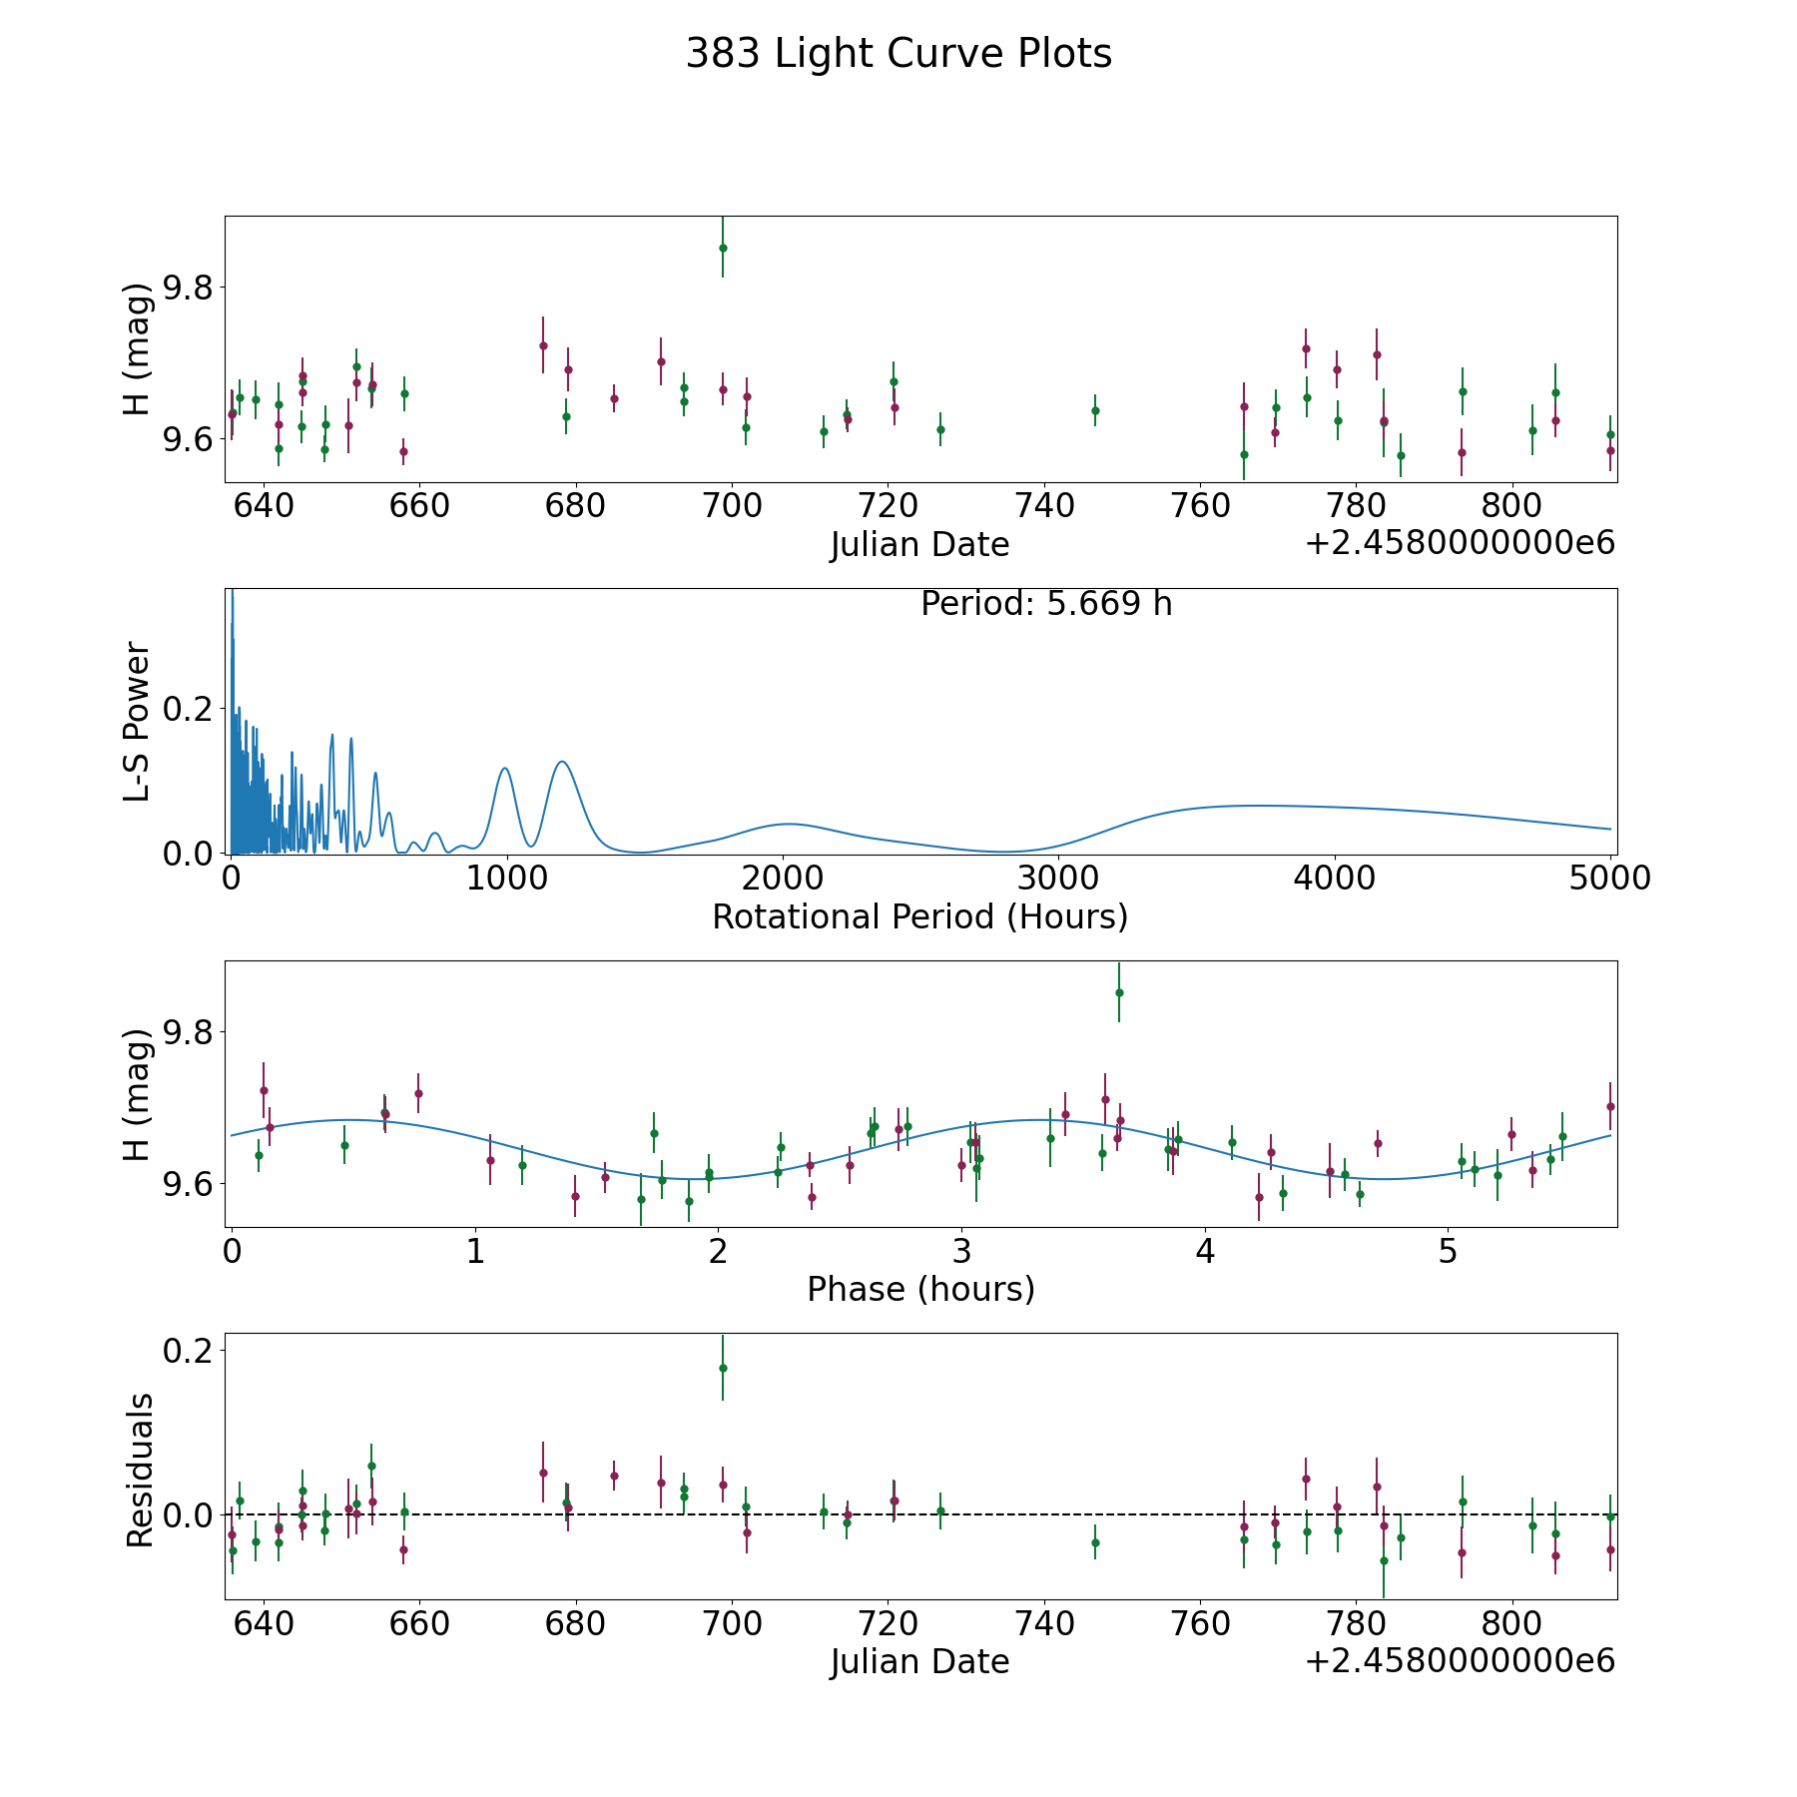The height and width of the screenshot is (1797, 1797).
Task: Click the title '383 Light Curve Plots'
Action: pos(898,54)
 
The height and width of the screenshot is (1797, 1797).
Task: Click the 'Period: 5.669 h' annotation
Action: pos(1046,604)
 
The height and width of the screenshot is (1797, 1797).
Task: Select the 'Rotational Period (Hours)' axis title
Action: pos(919,916)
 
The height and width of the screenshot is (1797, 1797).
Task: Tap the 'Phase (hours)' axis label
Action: pos(920,1289)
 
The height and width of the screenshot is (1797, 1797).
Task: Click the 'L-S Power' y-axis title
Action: pos(138,721)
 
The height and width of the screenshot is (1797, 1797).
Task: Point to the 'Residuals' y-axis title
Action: pos(140,1470)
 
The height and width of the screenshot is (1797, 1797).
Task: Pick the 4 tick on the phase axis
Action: pos(1206,1251)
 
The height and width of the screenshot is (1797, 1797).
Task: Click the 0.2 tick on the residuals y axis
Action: pos(186,1351)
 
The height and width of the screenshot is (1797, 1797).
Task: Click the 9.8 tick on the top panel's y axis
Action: pos(186,288)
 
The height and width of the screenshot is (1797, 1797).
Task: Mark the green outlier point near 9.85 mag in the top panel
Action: pos(723,248)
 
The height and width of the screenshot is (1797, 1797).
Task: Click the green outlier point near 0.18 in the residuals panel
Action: pos(723,1368)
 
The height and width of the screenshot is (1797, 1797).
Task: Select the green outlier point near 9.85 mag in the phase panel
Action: pos(1119,992)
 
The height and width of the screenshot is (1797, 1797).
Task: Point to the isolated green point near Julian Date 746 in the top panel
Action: pos(1095,410)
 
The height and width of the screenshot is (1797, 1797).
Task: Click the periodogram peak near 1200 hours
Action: pos(562,762)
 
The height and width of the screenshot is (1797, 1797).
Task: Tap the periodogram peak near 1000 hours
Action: pos(505,768)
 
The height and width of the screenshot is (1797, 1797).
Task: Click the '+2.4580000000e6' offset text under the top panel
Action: pos(1460,544)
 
